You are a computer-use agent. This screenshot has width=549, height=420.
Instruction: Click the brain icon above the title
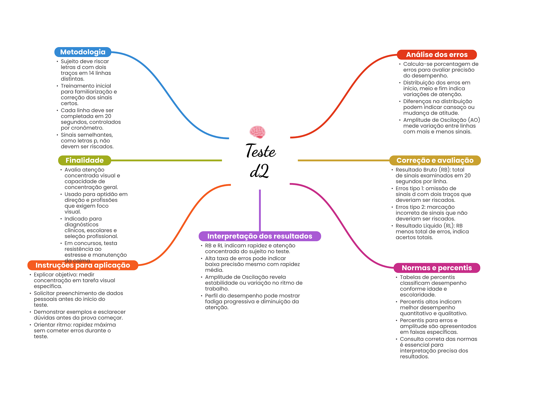click(257, 132)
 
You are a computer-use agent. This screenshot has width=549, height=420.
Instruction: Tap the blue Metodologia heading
click(83, 52)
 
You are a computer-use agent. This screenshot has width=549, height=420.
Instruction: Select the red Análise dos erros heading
click(437, 55)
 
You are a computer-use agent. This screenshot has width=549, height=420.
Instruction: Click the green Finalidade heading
click(84, 160)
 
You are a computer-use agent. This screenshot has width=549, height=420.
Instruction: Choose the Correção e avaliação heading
click(435, 160)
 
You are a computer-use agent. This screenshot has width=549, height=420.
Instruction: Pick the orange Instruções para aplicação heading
click(83, 265)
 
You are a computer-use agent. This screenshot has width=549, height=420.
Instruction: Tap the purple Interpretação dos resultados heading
click(260, 236)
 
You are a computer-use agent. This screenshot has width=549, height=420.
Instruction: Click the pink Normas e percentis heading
click(437, 268)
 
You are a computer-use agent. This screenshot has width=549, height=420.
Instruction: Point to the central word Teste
click(261, 150)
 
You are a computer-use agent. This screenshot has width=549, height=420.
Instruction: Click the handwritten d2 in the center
click(259, 171)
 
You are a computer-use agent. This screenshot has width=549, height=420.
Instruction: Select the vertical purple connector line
click(260, 210)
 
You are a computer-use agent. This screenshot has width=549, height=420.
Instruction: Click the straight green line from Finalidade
click(166, 160)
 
